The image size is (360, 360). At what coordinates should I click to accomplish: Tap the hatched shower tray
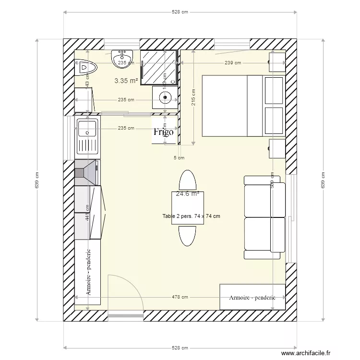click(159, 66)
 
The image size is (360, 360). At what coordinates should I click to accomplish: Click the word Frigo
click(163, 132)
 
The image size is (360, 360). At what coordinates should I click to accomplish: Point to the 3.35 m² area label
click(126, 81)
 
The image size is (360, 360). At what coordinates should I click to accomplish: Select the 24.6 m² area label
click(188, 194)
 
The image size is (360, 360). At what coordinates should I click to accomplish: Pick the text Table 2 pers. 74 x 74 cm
click(191, 216)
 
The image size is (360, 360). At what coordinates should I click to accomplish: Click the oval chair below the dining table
click(187, 235)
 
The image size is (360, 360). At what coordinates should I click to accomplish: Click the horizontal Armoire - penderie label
click(252, 298)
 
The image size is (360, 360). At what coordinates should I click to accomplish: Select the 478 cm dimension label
click(181, 298)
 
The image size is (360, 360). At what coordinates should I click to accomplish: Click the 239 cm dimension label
click(232, 63)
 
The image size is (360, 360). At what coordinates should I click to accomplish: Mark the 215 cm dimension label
click(193, 98)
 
